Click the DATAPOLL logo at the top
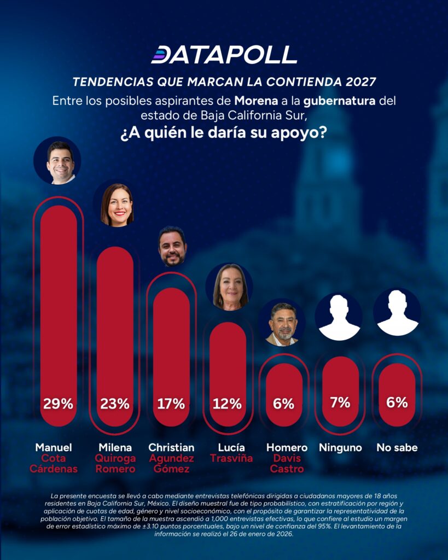click(x=224, y=55)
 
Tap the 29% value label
click(x=59, y=404)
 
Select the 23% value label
click(x=115, y=404)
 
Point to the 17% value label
click(x=171, y=404)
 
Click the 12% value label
click(x=228, y=404)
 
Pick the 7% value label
click(x=340, y=402)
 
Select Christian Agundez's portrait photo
click(x=172, y=247)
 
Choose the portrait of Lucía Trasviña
click(x=229, y=287)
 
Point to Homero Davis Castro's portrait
click(x=284, y=323)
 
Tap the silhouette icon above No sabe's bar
click(x=397, y=312)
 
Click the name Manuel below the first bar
click(x=54, y=447)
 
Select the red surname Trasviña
click(x=231, y=458)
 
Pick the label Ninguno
click(x=340, y=447)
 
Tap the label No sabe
click(x=397, y=447)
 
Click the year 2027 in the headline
click(x=360, y=82)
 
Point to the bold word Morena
click(x=255, y=101)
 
